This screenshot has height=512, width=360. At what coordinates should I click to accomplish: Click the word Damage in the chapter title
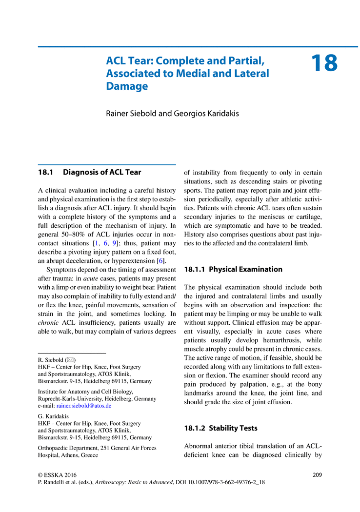[127, 86]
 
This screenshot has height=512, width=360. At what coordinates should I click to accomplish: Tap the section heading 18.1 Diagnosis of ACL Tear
[90, 172]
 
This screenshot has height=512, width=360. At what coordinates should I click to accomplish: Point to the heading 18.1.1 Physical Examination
[233, 269]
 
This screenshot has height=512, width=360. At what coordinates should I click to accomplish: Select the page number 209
[317, 474]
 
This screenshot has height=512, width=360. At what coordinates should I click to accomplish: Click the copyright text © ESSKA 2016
[57, 474]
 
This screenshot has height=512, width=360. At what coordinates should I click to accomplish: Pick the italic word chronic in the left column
[49, 322]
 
